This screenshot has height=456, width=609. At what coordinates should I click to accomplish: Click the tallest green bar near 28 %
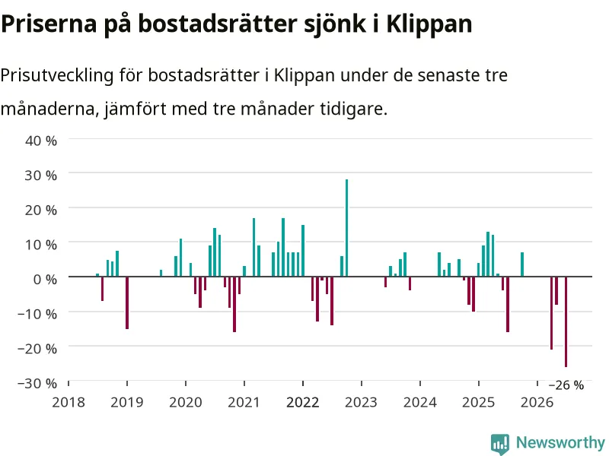(347, 228)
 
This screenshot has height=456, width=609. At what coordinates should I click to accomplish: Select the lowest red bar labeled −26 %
(566, 321)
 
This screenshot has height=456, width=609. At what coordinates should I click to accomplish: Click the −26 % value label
(566, 385)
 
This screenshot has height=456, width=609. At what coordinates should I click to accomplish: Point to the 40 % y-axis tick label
(41, 141)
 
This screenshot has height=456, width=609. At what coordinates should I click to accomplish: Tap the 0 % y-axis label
(45, 279)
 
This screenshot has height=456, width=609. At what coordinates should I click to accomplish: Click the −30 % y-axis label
(37, 383)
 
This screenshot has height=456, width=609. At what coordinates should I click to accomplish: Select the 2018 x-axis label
(69, 402)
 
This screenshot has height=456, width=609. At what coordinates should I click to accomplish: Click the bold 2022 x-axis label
(302, 402)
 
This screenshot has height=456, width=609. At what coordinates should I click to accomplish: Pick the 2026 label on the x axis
(537, 402)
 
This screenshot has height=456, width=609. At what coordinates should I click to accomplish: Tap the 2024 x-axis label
(420, 402)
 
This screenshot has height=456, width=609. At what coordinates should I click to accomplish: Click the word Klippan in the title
(429, 24)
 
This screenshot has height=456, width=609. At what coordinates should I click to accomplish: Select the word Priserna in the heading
(49, 24)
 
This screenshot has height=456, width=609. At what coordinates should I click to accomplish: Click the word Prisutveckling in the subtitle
(56, 75)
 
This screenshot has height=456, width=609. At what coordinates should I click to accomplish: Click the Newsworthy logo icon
(500, 444)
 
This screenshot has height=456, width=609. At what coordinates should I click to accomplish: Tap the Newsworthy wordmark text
(560, 442)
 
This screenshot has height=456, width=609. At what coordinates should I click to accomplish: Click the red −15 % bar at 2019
(127, 302)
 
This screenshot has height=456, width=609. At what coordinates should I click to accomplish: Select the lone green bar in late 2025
(522, 264)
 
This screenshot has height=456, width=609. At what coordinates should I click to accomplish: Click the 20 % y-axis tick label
(41, 210)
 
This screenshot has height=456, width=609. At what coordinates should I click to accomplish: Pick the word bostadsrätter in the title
(219, 24)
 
